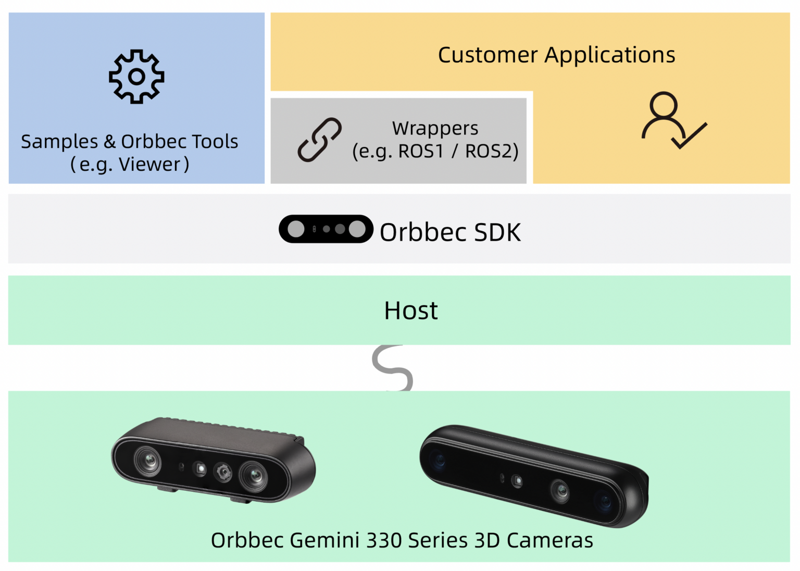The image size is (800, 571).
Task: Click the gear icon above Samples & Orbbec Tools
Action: coord(136,77)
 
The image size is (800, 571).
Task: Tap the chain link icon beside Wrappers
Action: coord(319,140)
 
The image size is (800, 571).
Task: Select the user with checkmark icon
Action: coord(673,120)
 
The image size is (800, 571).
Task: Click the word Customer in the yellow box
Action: coord(488,55)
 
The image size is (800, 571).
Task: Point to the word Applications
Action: coord(609,55)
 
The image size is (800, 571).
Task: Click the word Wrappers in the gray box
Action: coord(435,128)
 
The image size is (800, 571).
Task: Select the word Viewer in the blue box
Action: coord(149,165)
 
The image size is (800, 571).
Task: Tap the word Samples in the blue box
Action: coord(59,142)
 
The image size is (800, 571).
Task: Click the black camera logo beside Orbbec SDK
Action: coord(326,229)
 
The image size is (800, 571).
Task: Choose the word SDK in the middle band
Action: coord(497,232)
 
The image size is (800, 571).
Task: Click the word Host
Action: coord(411,311)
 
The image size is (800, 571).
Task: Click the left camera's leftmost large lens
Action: coord(148,461)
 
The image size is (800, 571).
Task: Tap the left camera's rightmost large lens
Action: coord(254,475)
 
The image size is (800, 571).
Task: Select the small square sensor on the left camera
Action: coord(200,468)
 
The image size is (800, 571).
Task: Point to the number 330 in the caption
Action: coord(384,540)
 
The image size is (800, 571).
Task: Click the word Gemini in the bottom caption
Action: coord(324,540)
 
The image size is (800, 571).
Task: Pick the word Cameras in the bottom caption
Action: coord(549,540)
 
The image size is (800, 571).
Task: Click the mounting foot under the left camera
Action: coord(168,489)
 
